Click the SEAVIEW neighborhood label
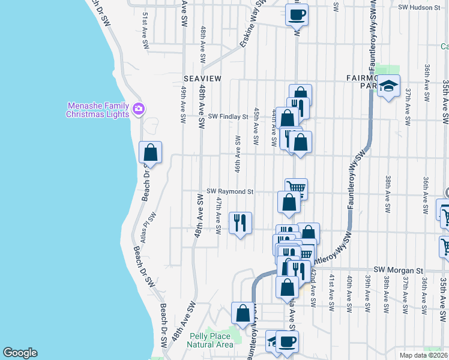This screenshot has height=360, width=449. (x=202, y=79)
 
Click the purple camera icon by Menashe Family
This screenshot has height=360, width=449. (x=139, y=109)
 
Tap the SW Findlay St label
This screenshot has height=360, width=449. (x=228, y=116)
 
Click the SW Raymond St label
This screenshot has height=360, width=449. (x=231, y=191)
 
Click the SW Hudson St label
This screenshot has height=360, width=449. (x=420, y=7)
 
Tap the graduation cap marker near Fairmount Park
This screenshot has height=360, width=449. (x=389, y=86)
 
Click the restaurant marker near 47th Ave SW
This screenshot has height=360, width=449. (x=241, y=223)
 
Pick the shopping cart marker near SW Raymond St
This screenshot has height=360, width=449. (x=296, y=188)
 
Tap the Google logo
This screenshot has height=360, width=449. (x=20, y=353)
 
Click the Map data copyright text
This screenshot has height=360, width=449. (x=423, y=355)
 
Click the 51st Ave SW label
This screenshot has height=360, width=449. (x=145, y=36)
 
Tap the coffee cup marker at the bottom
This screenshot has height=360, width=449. (x=286, y=342)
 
